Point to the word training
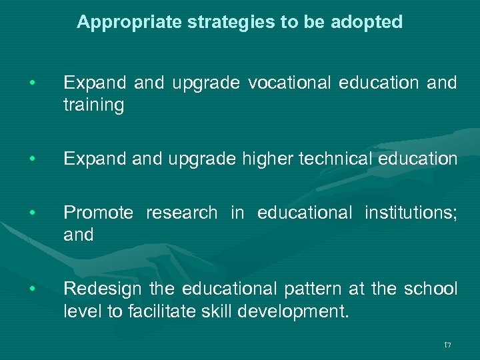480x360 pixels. tap(93, 105)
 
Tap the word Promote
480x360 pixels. tap(98, 213)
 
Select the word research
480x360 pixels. tap(181, 213)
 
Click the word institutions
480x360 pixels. tap(410, 213)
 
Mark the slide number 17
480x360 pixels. tap(447, 345)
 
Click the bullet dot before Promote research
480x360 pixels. tap(31, 213)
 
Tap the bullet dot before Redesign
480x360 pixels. tap(31, 289)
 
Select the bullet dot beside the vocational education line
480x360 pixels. tap(31, 83)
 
